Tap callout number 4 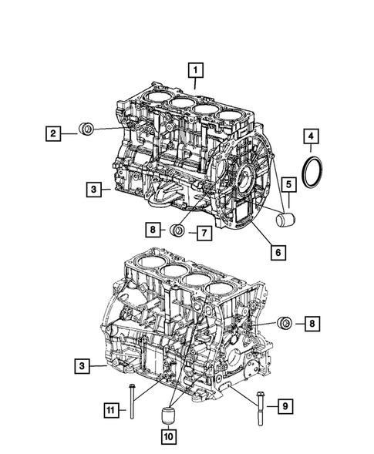click(x=311, y=140)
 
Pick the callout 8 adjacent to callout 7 click(x=153, y=230)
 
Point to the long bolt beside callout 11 click(x=133, y=403)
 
